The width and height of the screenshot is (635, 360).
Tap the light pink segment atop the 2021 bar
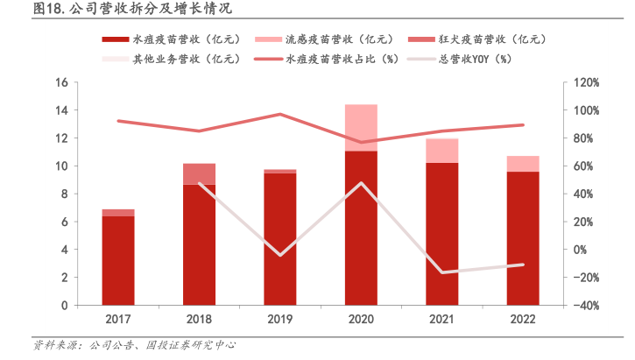click(441, 151)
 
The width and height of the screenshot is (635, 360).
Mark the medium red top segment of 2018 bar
click(199, 174)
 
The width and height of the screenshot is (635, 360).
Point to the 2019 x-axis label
click(279, 320)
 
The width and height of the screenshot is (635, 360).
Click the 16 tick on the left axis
click(61, 82)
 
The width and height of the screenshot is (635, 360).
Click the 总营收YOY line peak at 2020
click(361, 183)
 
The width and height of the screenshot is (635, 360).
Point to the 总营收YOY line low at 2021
click(441, 272)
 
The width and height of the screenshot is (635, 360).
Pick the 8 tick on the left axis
click(64, 194)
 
